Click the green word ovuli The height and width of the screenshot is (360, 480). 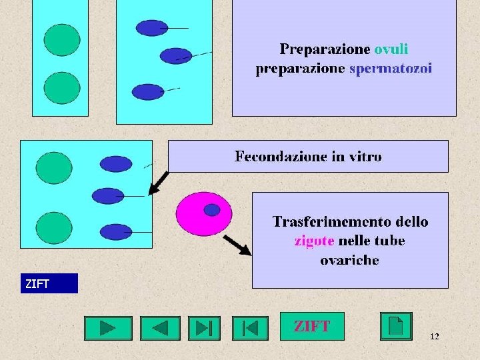(391, 49)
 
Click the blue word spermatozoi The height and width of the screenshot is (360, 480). (391, 69)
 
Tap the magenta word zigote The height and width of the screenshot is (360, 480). (315, 241)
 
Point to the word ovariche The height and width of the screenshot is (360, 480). (349, 260)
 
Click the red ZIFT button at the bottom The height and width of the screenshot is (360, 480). (312, 327)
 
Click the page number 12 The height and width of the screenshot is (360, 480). (434, 337)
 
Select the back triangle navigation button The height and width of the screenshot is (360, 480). (160, 328)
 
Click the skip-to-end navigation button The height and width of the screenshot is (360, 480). (204, 328)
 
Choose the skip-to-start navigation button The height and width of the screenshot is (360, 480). (250, 328)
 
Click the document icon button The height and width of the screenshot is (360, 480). (396, 327)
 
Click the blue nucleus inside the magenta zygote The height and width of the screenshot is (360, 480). (211, 210)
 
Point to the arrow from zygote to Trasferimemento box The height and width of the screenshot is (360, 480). (237, 245)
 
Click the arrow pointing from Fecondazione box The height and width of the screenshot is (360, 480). (158, 183)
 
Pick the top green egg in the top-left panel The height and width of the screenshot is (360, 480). (62, 40)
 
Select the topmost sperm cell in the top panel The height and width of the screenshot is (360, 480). (153, 28)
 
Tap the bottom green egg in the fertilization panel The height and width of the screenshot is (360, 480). (54, 228)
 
